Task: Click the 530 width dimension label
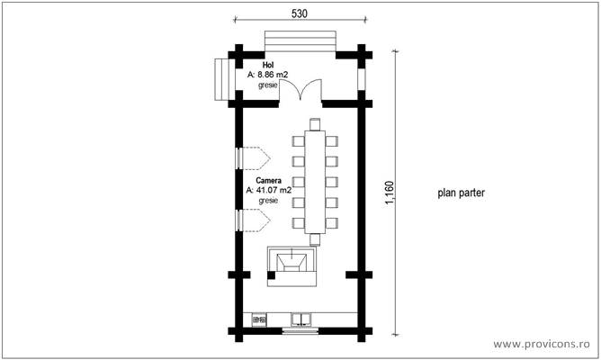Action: click(x=300, y=13)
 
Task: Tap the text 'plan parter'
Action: click(x=462, y=193)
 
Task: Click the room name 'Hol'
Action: click(x=268, y=66)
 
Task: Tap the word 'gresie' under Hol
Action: click(x=268, y=86)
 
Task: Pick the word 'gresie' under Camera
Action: click(x=268, y=202)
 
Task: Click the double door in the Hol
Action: click(x=300, y=91)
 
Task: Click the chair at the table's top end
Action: click(x=315, y=123)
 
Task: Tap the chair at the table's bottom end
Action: click(x=315, y=239)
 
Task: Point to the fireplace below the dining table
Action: click(x=293, y=267)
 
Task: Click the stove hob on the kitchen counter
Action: click(x=261, y=319)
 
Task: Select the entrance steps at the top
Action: click(x=300, y=39)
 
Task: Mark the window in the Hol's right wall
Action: click(x=362, y=78)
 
